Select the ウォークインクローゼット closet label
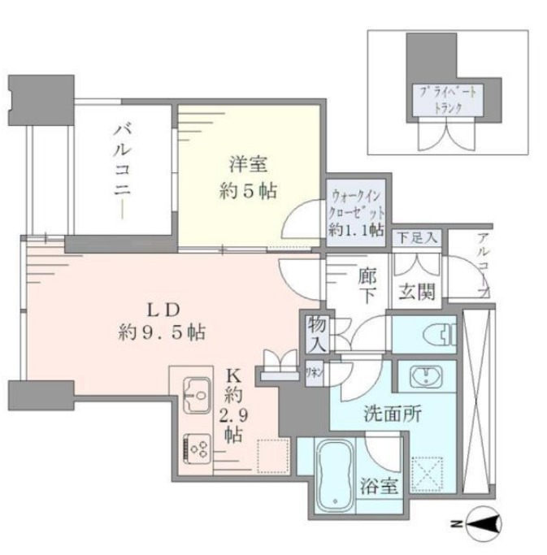[356, 212]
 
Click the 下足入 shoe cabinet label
[418, 238]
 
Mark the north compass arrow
[488, 526]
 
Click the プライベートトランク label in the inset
[448, 101]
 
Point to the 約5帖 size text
[248, 191]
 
